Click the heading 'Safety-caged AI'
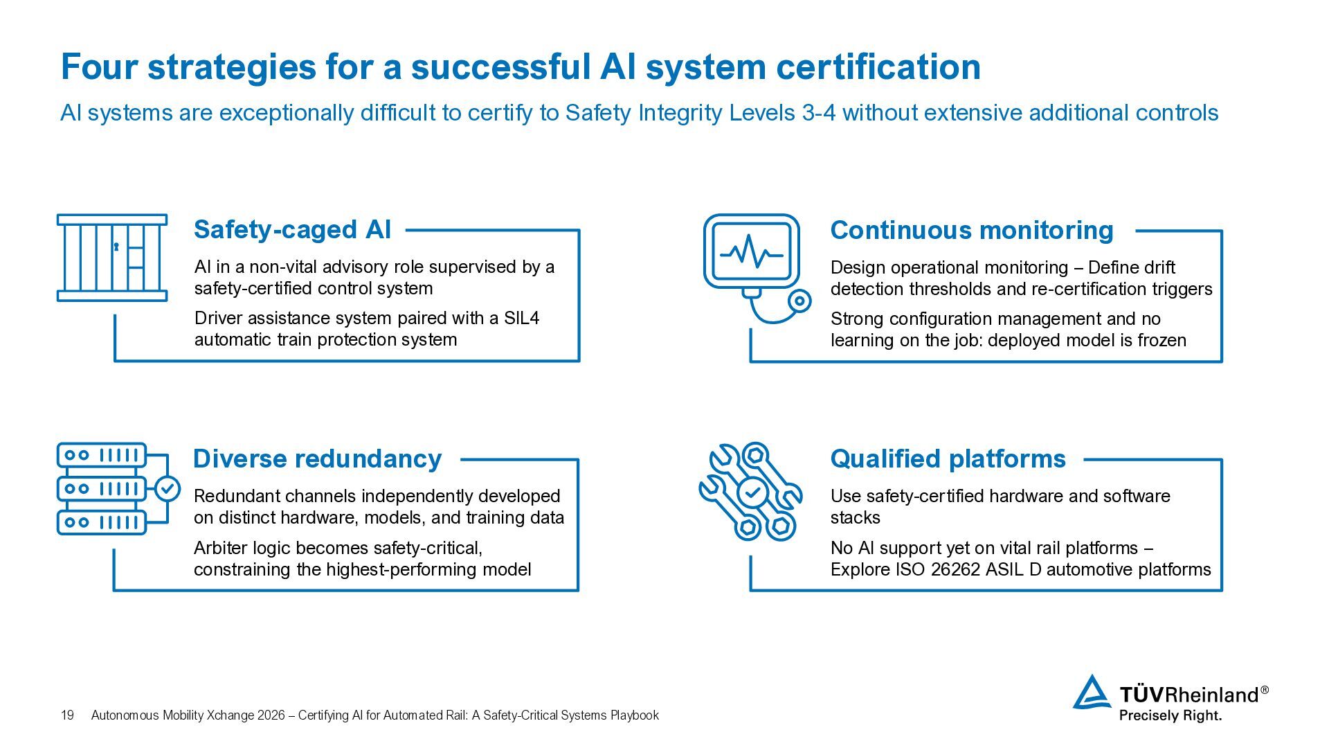coord(292,230)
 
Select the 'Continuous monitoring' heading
coord(972,231)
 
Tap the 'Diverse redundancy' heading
coord(317,459)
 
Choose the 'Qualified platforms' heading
coord(948,459)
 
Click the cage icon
coord(112,258)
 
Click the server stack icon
coord(102,489)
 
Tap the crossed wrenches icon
coord(751,492)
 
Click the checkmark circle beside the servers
coord(167,488)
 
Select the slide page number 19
coord(67,715)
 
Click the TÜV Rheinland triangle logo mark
coord(1092,692)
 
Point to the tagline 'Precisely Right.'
coord(1170,715)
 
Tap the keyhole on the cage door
coord(116,246)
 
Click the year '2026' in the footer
coord(271,715)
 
